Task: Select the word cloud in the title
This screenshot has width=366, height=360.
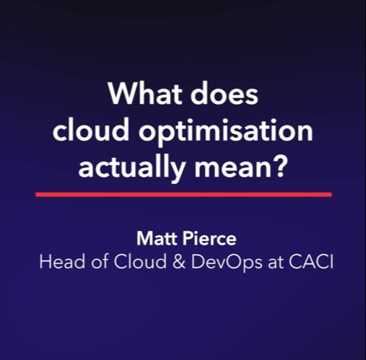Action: [x=90, y=134]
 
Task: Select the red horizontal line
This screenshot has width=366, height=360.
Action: [x=183, y=194]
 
